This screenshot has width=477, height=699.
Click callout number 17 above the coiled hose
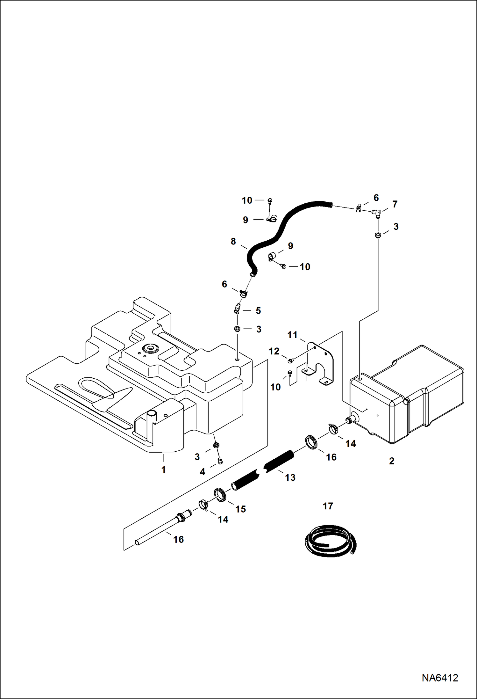pos(328,506)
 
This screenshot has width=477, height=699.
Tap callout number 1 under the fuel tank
pos(163,470)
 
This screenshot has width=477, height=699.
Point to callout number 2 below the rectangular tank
pos(391,461)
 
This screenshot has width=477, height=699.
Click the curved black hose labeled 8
pos(280,229)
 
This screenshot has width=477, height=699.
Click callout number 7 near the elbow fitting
pos(395,204)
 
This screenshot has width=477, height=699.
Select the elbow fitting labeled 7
pos(376,212)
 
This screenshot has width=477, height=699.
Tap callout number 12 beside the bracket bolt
pos(274,351)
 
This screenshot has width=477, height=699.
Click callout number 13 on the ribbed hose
pos(290,477)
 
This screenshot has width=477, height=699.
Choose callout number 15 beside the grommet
pos(240,509)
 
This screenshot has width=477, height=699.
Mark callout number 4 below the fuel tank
pos(202,472)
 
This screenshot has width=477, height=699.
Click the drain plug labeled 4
pos(219,461)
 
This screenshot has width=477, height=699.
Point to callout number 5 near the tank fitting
pos(258,310)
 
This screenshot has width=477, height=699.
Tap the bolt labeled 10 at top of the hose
pos(270,200)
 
